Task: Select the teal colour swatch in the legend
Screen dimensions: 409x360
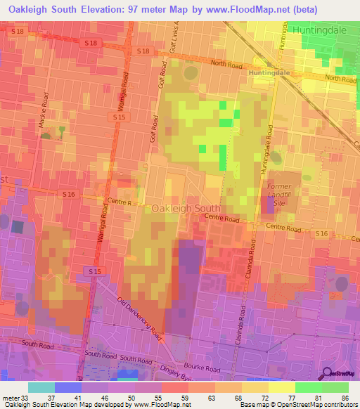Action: coord(41,387)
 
